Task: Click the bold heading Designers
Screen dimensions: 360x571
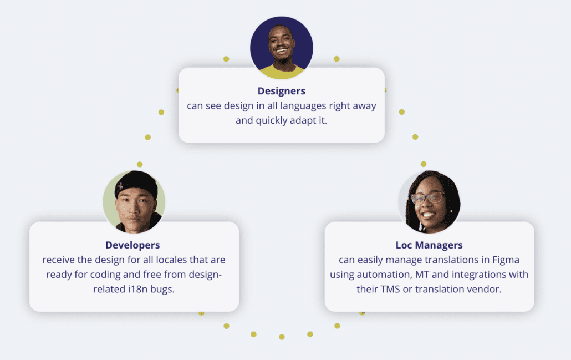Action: [281, 91]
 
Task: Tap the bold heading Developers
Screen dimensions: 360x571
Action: [132, 245]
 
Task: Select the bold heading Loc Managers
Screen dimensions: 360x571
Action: [429, 245]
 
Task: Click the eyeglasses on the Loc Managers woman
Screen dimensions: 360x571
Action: [427, 197]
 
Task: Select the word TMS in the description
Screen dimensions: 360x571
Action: [388, 289]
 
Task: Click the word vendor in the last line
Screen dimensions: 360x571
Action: [486, 289]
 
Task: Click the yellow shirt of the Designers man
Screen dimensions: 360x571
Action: [282, 72]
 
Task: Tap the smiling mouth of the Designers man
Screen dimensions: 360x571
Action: [282, 52]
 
